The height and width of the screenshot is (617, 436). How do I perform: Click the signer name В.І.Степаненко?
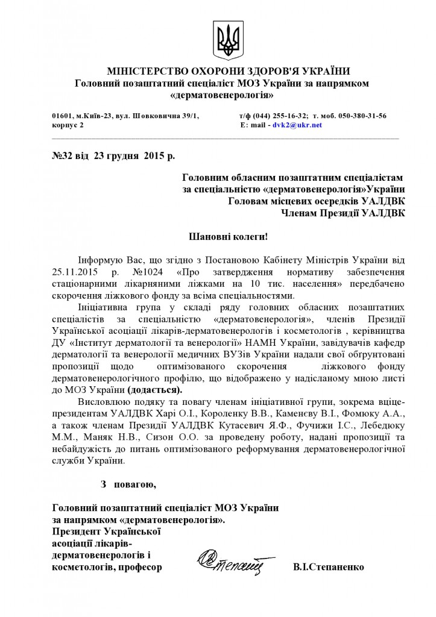(x=329, y=568)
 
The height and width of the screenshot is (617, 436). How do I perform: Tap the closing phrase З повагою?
(x=128, y=483)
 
